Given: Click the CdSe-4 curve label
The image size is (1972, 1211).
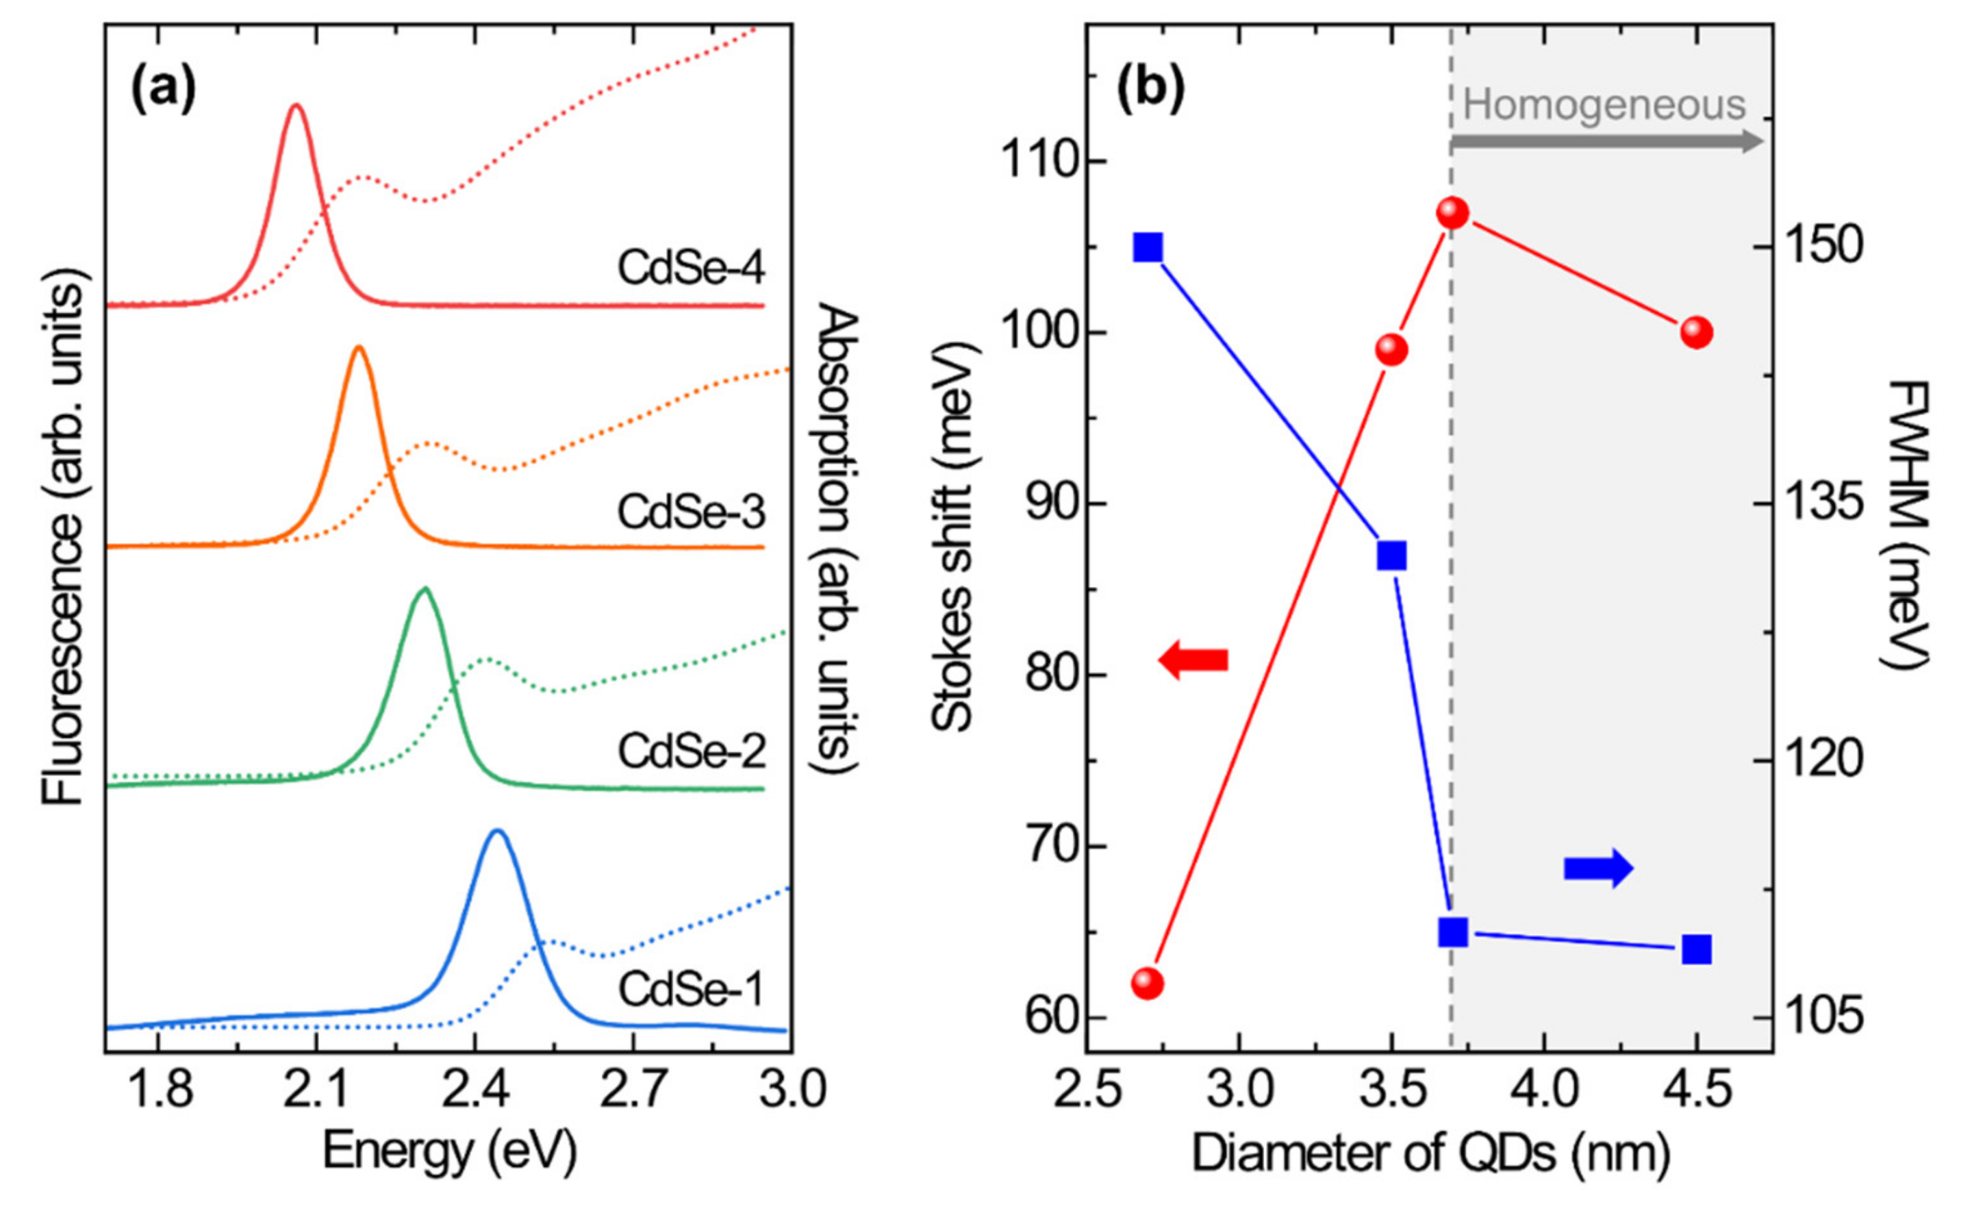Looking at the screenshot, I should [691, 269].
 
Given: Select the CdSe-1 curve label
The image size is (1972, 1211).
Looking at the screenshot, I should [691, 990].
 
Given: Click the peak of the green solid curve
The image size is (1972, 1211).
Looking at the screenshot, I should [425, 590].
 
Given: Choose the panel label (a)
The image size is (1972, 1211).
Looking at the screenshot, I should [164, 90].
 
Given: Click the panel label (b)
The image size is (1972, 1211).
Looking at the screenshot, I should [1150, 90].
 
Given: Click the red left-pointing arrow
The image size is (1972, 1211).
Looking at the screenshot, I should [1193, 660].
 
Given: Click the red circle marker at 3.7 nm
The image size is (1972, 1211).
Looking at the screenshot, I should [1452, 213].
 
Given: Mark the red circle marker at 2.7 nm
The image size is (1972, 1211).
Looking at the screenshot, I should [1148, 983].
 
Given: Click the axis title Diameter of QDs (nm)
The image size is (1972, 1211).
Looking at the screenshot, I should [1431, 1154].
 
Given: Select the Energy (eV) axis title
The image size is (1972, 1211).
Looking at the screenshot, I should [449, 1153].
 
